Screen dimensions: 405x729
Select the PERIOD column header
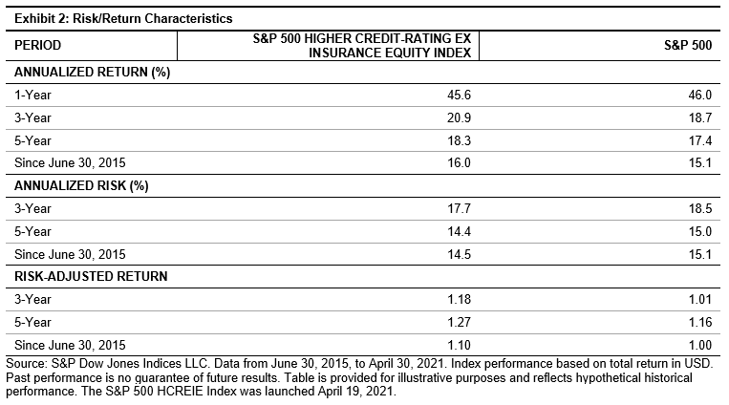tap(39, 45)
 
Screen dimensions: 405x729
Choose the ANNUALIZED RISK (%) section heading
tap(73, 185)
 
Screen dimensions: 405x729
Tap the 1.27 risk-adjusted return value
tap(464, 321)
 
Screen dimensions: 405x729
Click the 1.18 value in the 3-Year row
tap(464, 299)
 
